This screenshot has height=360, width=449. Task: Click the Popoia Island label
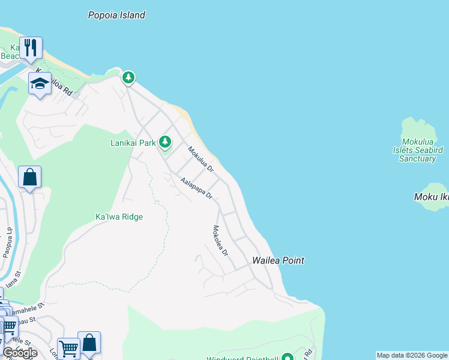[116, 16]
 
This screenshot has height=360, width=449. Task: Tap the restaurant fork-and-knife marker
[30, 47]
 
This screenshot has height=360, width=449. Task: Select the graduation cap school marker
[40, 84]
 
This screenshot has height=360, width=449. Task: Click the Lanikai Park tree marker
[165, 142]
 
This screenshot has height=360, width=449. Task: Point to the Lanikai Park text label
[133, 143]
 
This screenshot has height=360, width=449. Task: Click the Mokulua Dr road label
[200, 160]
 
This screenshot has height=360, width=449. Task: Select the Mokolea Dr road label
[220, 241]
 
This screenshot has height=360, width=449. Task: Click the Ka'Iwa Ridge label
[119, 217]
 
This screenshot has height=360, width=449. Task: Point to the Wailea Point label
[278, 260]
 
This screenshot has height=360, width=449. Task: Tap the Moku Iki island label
[432, 197]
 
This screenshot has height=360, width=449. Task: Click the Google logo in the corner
[20, 352]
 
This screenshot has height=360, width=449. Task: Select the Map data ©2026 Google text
[412, 355]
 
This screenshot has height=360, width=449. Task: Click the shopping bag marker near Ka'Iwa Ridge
[29, 178]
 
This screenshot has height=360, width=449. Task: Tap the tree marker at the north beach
[128, 77]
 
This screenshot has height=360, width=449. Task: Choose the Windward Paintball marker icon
[287, 358]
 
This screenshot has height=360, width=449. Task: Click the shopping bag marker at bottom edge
[89, 343]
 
